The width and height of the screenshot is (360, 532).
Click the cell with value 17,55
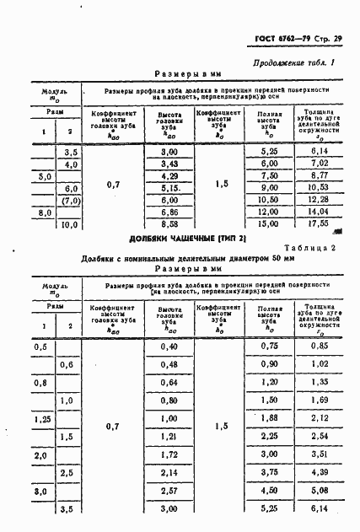[x=318, y=225]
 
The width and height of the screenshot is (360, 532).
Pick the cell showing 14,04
[x=318, y=212]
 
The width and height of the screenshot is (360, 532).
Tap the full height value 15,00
[x=269, y=225]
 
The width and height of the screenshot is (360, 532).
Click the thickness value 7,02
[x=318, y=163]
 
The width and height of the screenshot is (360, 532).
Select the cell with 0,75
[x=269, y=347]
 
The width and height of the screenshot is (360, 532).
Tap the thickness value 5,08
[x=318, y=490]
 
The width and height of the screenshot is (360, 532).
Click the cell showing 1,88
[x=269, y=417]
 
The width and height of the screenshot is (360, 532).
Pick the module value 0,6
[x=68, y=364]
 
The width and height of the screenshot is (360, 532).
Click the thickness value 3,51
[x=318, y=454]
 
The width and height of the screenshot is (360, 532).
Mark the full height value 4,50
[x=269, y=490]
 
